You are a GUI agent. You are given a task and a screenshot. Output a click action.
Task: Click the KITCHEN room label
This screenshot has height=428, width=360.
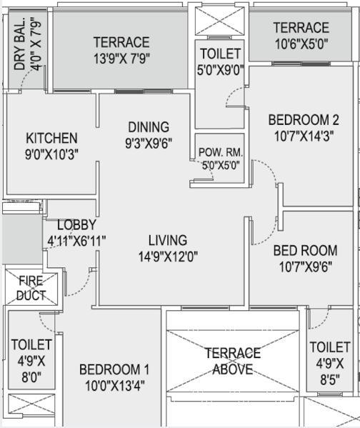click(x=51, y=138)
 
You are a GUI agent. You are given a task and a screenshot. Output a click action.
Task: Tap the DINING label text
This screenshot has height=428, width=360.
click(x=149, y=127)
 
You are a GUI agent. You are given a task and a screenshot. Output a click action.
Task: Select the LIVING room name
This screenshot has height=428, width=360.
click(x=168, y=240)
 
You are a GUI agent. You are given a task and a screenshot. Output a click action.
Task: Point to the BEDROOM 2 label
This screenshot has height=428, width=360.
click(x=304, y=120)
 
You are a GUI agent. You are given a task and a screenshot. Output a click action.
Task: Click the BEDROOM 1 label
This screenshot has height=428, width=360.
click(x=114, y=369)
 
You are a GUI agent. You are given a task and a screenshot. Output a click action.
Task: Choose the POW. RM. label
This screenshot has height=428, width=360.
click(x=221, y=152)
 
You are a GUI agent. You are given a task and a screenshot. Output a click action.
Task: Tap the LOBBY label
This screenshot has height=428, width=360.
click(x=76, y=224)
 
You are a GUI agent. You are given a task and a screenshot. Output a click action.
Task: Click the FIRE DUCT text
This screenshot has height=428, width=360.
click(x=31, y=288)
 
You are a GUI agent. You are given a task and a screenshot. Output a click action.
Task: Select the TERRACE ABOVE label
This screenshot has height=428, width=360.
click(x=233, y=361)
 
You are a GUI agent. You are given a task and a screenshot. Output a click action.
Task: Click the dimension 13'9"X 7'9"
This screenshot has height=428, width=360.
click(x=121, y=59)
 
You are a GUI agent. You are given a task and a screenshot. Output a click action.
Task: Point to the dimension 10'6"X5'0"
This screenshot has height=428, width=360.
click(x=301, y=44)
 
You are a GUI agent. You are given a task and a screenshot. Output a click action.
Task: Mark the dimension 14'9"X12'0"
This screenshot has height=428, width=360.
click(x=168, y=257)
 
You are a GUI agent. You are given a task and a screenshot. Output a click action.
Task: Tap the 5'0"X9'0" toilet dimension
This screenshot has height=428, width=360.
click(x=221, y=70)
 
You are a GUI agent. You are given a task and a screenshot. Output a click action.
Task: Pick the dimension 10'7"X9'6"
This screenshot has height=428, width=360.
click(x=306, y=267)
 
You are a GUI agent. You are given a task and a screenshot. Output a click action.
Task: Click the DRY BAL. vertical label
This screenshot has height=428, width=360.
click(x=20, y=44)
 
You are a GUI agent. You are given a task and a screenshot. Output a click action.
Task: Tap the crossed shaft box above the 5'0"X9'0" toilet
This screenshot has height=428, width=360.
click(x=220, y=21)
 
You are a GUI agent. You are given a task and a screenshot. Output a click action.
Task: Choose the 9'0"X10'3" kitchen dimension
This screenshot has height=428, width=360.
click(x=51, y=154)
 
